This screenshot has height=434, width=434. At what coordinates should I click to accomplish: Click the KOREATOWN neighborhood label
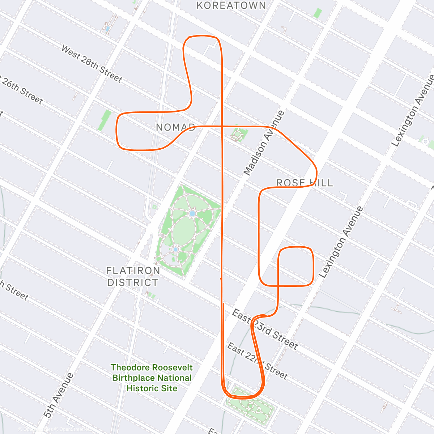(x=231, y=5)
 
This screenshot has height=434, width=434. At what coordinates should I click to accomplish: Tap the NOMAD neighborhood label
(x=175, y=127)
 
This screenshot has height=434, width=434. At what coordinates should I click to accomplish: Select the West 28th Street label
(x=92, y=64)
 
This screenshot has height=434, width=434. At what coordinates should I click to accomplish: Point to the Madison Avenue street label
(x=264, y=143)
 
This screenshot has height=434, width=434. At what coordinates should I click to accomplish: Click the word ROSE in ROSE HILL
(x=291, y=183)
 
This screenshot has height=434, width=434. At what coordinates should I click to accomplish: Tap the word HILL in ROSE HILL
(x=321, y=183)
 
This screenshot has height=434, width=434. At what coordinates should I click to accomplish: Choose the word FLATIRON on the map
(x=133, y=271)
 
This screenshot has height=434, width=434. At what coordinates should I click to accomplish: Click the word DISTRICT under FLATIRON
(x=133, y=282)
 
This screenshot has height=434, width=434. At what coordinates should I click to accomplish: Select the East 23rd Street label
(x=265, y=329)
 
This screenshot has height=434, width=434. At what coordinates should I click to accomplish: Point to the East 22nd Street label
(x=258, y=361)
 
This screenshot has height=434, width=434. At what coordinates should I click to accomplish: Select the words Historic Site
(x=152, y=388)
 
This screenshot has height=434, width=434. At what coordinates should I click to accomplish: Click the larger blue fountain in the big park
(x=192, y=214)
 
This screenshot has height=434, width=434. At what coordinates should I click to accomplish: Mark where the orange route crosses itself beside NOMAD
(x=222, y=126)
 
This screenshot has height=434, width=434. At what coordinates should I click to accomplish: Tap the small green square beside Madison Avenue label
(x=239, y=135)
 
